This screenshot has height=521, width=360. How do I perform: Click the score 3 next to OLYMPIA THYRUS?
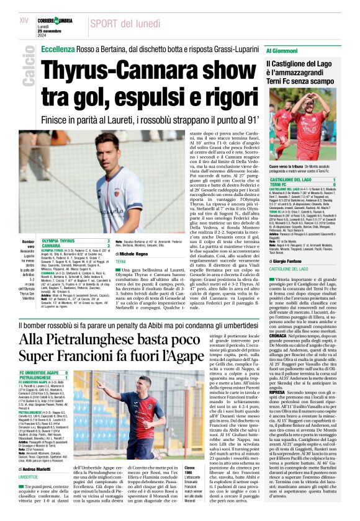coord(109,239)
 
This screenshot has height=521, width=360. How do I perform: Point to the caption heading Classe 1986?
coord(189,467)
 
